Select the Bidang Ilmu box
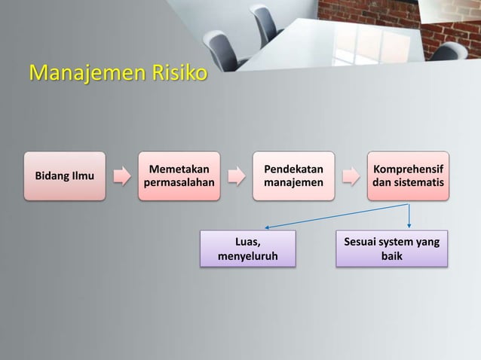(64, 176)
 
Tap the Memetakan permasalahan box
(179, 176)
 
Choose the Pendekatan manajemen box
(294, 176)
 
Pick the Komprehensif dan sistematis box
(409, 176)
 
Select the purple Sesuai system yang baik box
(392, 249)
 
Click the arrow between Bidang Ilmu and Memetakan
(121, 177)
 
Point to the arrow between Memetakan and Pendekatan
(236, 177)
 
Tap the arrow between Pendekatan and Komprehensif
(351, 177)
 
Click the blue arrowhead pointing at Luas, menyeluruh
(267, 226)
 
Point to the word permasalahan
(179, 184)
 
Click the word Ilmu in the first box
(81, 176)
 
